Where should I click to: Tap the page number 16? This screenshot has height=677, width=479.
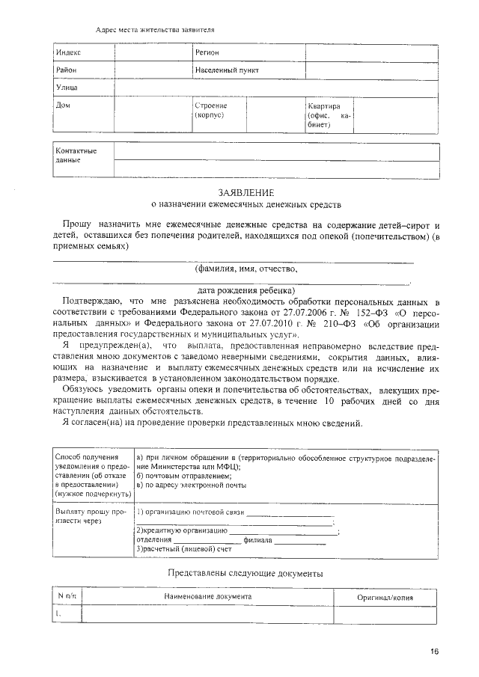434,651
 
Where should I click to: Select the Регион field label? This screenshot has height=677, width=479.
207,52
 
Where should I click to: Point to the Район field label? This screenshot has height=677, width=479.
67,70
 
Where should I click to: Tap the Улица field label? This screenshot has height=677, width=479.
67,88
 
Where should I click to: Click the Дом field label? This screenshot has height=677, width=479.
64,105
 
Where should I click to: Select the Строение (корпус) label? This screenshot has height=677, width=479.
210,111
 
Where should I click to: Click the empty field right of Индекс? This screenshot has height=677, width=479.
153,52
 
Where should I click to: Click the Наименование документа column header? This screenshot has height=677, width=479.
208,596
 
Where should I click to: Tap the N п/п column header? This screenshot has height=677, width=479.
67,596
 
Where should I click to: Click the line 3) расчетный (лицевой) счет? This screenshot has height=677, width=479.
183,548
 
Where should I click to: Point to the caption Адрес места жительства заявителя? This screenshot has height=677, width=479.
156,30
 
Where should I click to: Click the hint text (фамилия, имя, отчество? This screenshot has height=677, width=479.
245,268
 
